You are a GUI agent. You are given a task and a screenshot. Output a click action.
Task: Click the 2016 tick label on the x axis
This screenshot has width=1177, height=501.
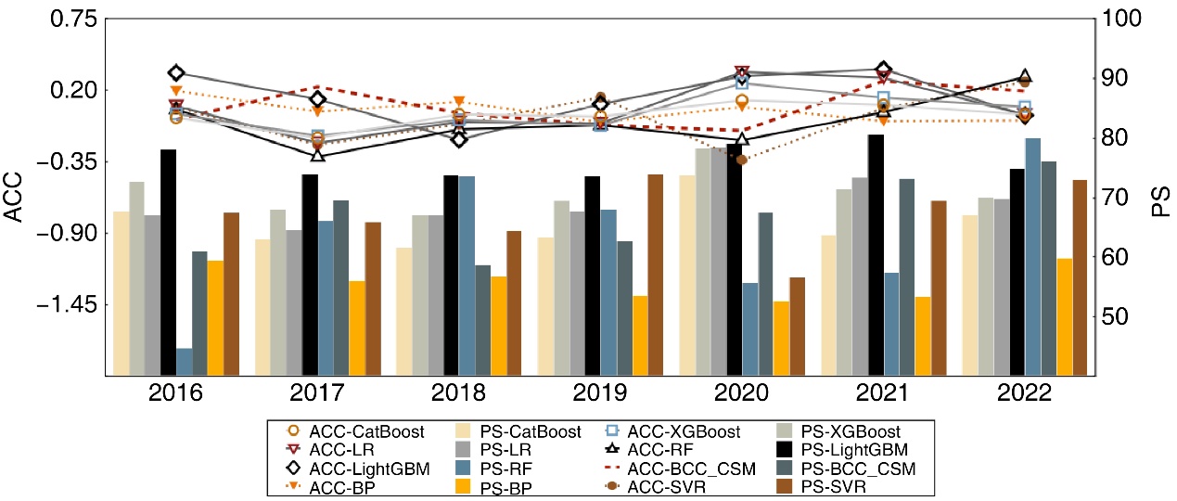tap(176, 394)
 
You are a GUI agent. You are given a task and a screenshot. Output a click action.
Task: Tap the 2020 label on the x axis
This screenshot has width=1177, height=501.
tap(741, 394)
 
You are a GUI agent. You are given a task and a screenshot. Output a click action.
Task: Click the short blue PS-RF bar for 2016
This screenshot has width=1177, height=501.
tap(184, 362)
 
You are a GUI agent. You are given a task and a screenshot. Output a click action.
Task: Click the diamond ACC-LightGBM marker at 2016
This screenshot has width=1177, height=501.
tap(176, 72)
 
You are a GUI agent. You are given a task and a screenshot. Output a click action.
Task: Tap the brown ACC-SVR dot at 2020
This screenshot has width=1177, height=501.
tap(741, 160)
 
